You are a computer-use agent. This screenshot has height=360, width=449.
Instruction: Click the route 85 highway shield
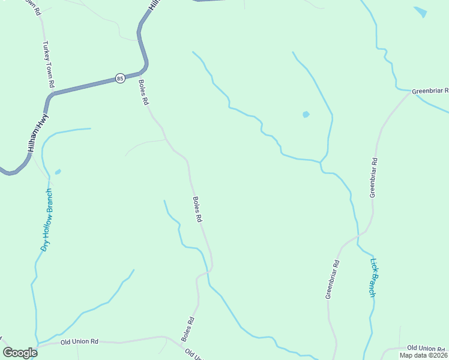(x=120, y=78)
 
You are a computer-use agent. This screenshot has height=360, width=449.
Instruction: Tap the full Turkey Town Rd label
(x=49, y=64)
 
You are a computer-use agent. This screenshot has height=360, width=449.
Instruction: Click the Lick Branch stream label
(x=373, y=277)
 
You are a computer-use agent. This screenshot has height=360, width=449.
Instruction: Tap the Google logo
(x=20, y=353)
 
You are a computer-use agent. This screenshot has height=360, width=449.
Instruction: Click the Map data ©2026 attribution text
(x=424, y=355)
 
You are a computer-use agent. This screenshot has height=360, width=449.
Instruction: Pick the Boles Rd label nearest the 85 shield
(x=143, y=92)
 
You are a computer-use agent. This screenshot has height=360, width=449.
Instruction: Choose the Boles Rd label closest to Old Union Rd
(x=187, y=329)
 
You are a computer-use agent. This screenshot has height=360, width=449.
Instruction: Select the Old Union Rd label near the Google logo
(x=79, y=341)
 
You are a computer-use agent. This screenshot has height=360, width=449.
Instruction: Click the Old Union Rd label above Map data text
(x=427, y=348)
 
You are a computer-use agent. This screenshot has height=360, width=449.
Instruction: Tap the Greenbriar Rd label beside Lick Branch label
(x=333, y=279)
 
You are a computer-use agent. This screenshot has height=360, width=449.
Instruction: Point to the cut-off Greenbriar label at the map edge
(x=430, y=91)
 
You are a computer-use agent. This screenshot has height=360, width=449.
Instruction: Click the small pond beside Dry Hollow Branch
(x=58, y=172)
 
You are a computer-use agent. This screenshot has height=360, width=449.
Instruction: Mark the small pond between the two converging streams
(x=306, y=114)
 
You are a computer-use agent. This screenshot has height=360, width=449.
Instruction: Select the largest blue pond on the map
(x=420, y=12)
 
